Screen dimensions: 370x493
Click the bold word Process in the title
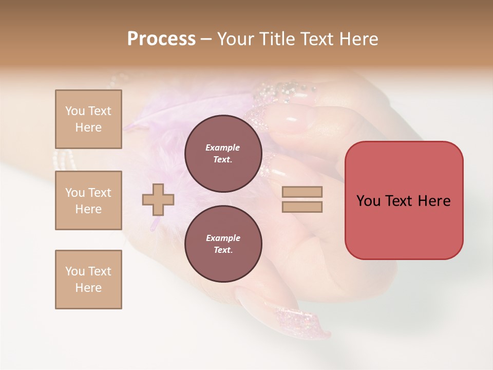161,39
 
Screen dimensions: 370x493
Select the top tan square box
88,119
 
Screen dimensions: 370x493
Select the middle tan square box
88,200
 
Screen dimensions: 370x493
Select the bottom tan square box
88,280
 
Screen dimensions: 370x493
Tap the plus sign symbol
158,199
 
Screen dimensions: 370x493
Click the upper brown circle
223,154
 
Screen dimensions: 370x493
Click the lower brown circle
223,244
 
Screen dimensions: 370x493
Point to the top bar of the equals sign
302,192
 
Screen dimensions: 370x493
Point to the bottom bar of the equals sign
302,207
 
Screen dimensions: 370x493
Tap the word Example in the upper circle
223,147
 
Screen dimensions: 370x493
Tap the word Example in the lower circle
223,238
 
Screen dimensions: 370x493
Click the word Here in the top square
88,127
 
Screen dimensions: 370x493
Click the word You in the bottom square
75,271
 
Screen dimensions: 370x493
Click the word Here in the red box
434,201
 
